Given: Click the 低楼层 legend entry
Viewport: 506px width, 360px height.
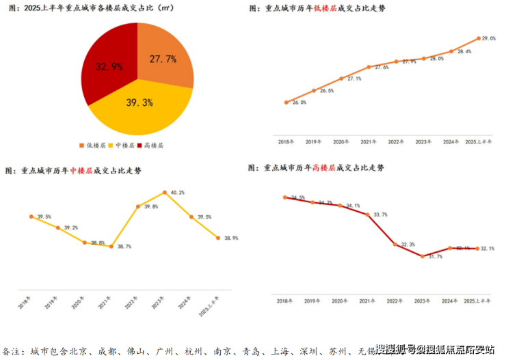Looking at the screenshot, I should coord(95,146).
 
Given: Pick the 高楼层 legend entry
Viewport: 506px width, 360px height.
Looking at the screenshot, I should coord(150,146).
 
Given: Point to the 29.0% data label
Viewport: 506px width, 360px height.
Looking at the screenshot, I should coord(489,38).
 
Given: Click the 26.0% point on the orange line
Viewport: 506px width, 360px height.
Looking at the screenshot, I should coord(287,102).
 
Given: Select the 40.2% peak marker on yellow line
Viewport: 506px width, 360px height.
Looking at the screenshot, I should coord(165,193).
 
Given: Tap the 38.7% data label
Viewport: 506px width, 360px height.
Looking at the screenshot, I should coord(124,247).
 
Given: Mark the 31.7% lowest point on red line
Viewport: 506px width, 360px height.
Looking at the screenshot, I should coord(423,256).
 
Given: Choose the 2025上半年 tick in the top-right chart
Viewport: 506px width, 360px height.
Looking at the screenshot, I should coord(478,141).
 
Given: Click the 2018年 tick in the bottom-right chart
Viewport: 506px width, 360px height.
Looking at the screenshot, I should coord(286,301).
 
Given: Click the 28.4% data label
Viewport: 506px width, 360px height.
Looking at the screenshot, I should coord(464,52).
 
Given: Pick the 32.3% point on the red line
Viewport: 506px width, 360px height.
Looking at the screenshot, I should coord(395,244).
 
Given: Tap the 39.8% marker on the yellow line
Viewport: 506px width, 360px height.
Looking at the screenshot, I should coord(138,206).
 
